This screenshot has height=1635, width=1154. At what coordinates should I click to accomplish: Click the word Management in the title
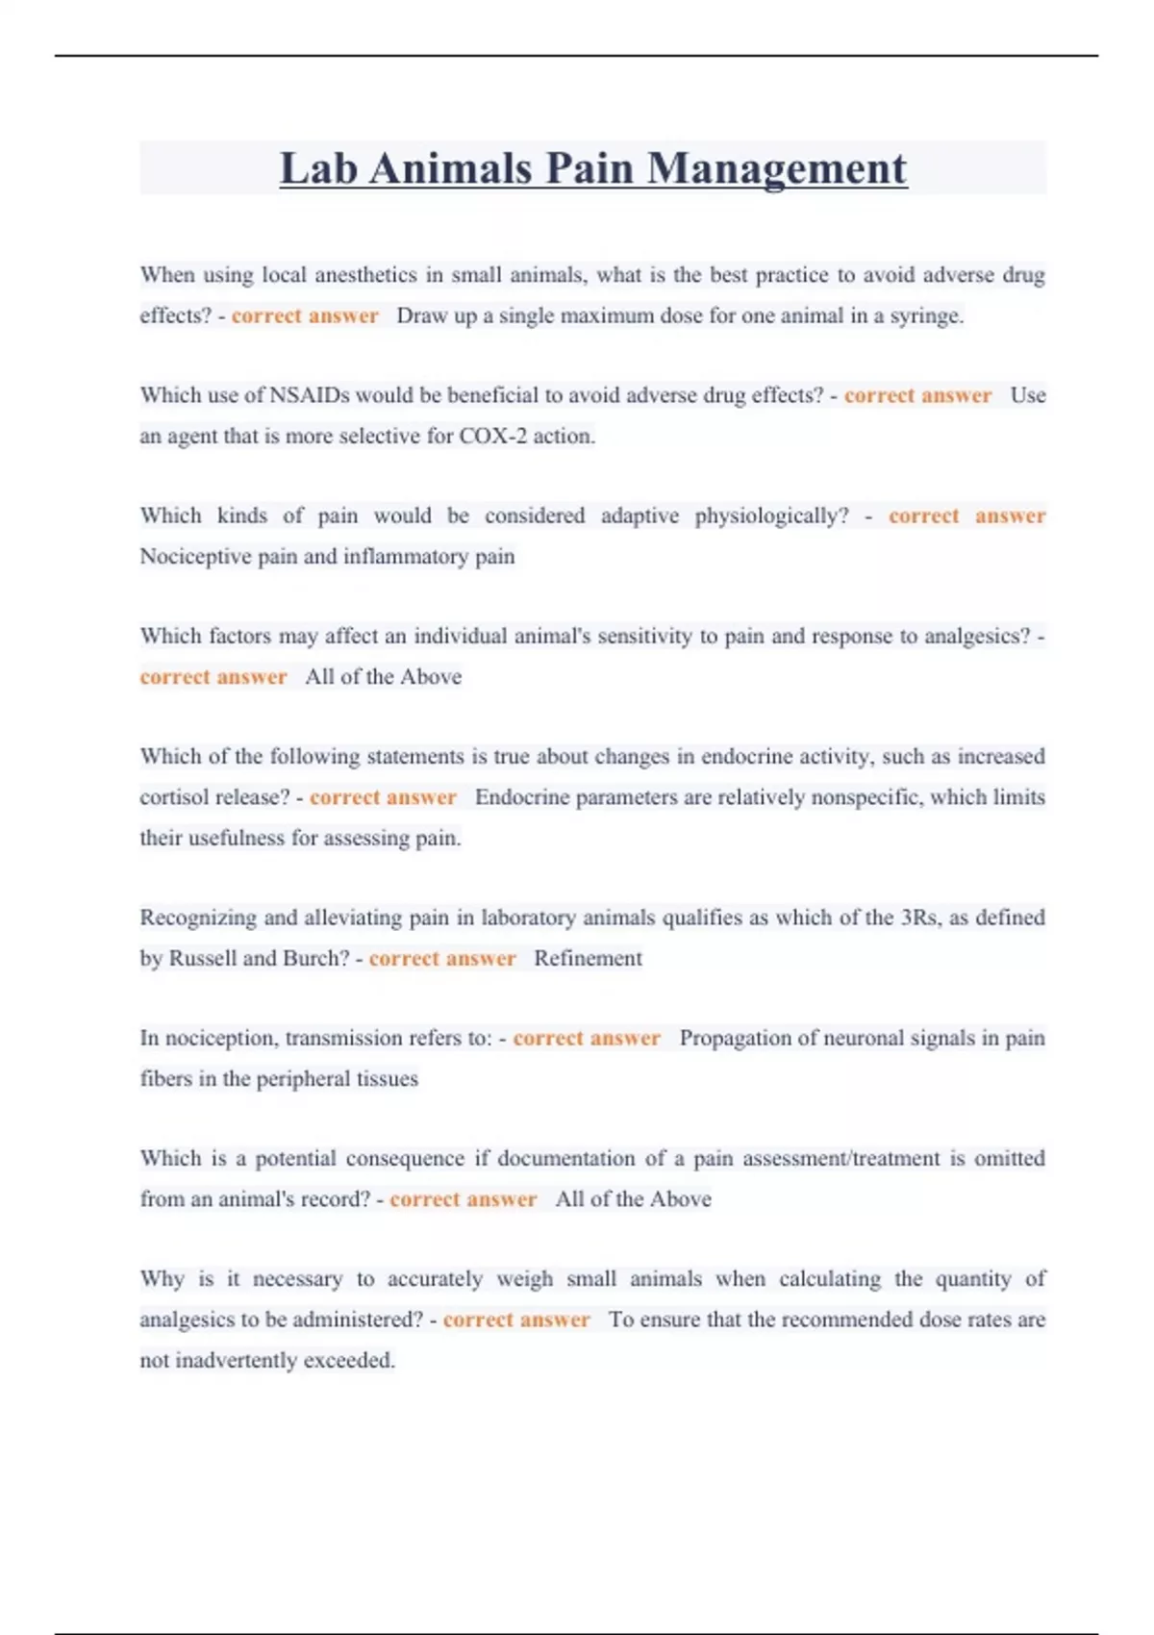point(776,170)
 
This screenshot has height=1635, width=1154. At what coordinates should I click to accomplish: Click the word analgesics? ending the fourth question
point(976,636)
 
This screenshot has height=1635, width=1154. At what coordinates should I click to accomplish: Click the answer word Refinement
point(588,958)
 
